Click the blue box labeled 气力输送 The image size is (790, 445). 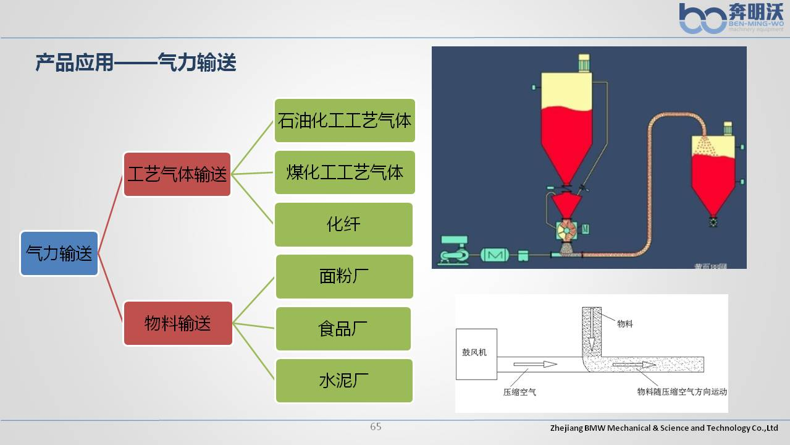(59, 253)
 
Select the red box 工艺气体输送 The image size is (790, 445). (177, 174)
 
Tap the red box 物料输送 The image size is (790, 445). (178, 323)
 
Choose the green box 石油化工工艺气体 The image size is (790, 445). (344, 121)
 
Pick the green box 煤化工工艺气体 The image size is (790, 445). (344, 172)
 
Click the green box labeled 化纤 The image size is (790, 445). (343, 224)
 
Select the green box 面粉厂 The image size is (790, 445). (344, 276)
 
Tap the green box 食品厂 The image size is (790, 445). (343, 328)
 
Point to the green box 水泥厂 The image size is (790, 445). (343, 380)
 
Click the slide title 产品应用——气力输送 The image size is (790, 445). (136, 63)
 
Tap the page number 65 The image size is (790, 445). (376, 426)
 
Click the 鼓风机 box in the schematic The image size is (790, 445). (476, 354)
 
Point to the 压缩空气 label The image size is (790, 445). (519, 392)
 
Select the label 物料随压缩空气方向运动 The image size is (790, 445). (682, 392)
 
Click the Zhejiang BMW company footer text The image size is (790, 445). (664, 428)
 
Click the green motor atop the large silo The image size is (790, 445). (584, 62)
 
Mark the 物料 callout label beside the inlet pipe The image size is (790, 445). (625, 324)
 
